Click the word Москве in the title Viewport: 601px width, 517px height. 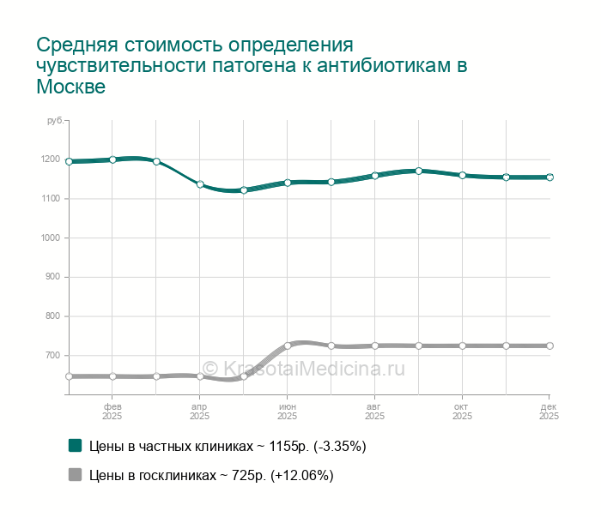click(x=70, y=87)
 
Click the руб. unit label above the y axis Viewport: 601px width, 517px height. click(x=54, y=121)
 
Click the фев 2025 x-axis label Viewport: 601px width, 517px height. click(x=112, y=410)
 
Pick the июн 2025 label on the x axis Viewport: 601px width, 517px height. click(x=288, y=410)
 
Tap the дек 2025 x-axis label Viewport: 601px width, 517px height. click(x=549, y=410)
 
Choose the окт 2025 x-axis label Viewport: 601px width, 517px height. click(x=462, y=410)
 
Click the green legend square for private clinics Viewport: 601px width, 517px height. click(x=75, y=446)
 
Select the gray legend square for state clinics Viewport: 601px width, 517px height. click(x=75, y=475)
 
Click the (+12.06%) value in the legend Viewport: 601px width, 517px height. click(x=301, y=475)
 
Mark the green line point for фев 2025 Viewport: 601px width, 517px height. click(x=112, y=159)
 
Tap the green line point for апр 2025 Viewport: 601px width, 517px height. click(x=200, y=184)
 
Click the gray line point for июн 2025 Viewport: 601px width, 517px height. click(x=288, y=346)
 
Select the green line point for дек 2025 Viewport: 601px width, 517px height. click(x=549, y=177)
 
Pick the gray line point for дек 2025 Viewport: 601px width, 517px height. click(x=549, y=346)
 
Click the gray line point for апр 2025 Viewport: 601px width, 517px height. click(x=200, y=376)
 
